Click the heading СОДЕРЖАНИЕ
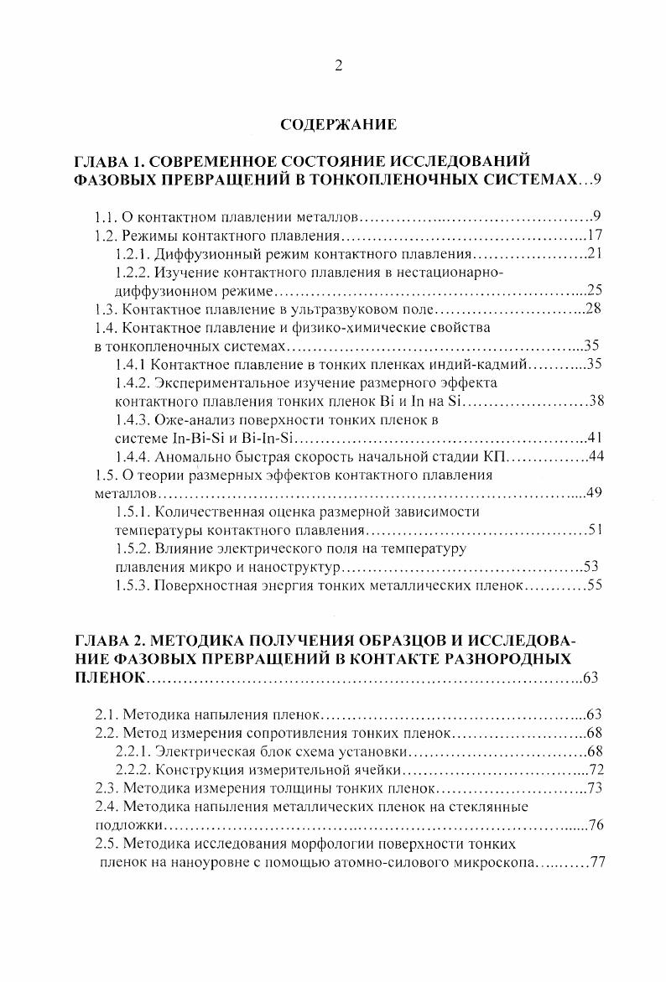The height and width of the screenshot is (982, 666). click(x=339, y=125)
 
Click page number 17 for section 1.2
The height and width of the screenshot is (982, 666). click(x=596, y=236)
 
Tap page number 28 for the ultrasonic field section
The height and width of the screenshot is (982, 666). click(x=595, y=309)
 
